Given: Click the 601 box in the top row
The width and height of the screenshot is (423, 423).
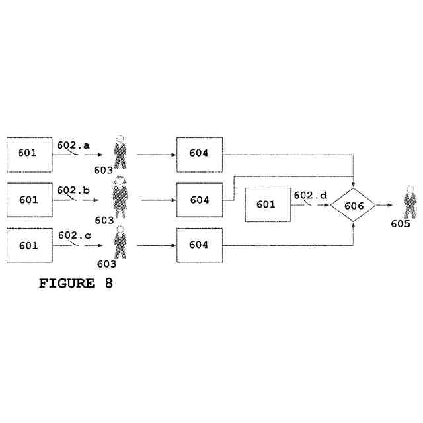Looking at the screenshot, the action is click(29, 154).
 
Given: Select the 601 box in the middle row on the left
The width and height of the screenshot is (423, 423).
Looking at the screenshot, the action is click(29, 200).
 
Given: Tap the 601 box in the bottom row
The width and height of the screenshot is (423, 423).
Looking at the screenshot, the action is click(29, 245).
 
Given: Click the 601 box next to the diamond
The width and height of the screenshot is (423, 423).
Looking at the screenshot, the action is click(267, 204).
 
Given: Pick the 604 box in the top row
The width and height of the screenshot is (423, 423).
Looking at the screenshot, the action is click(199, 154).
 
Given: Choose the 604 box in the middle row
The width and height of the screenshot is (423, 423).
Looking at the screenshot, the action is click(199, 200).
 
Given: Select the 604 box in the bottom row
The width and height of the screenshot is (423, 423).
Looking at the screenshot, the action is click(199, 245).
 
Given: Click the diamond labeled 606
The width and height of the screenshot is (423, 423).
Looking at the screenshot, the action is click(354, 206).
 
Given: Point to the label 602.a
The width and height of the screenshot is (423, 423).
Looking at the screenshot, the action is click(73, 145).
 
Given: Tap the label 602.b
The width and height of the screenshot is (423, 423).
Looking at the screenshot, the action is click(73, 191).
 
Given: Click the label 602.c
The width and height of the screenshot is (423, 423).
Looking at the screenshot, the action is click(74, 235).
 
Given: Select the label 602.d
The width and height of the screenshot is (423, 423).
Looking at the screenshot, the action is click(310, 195).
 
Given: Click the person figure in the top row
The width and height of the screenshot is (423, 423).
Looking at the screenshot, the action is click(120, 152).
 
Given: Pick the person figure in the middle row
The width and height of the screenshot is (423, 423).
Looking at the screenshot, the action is click(120, 198).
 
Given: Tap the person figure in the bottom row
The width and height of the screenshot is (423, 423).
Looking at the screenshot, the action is click(120, 243).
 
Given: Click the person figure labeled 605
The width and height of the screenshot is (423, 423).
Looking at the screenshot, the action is click(410, 202).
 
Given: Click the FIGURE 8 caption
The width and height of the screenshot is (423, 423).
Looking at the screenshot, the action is click(76, 284).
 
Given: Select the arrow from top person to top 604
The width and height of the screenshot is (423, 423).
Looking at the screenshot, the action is click(156, 155).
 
